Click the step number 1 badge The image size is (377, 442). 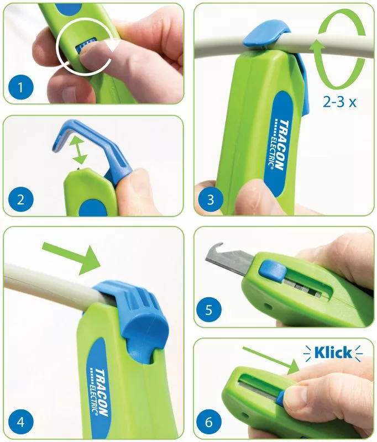click(21, 87)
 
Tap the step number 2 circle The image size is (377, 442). click(21, 200)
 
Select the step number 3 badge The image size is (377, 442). click(211, 200)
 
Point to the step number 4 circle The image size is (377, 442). click(21, 422)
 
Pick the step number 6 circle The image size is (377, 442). click(208, 422)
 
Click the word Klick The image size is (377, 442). click(333, 352)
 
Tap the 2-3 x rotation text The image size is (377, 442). click(339, 102)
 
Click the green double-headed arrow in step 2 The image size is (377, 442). click(78, 151)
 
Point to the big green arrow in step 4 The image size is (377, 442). click(71, 257)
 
